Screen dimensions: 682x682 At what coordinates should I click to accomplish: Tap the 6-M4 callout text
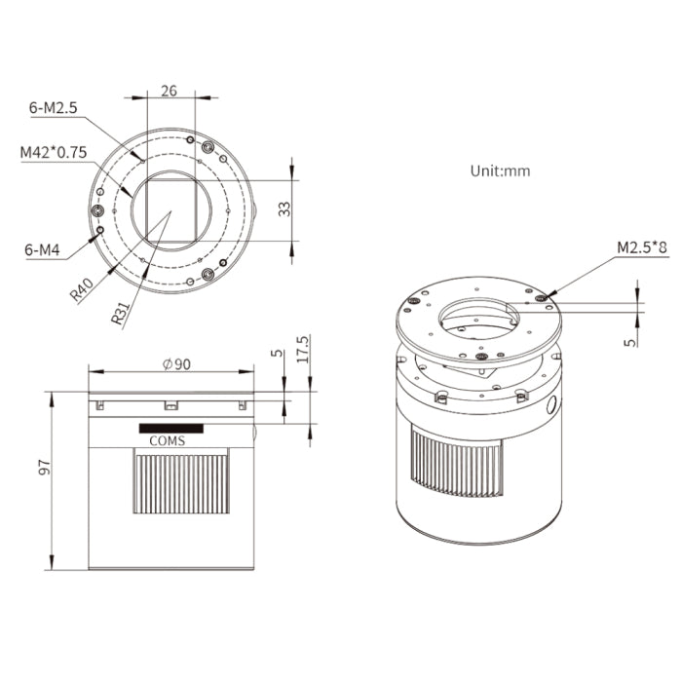pos(43,250)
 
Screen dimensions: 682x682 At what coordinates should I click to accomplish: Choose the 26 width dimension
pos(169,91)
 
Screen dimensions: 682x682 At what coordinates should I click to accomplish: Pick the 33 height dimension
pos(311,208)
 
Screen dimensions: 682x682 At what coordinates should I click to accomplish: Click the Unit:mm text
pos(500,170)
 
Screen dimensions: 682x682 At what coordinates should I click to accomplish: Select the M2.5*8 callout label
pos(642,247)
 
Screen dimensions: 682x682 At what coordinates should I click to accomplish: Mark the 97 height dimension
pos(44,468)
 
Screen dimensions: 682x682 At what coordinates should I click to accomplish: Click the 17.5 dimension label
pos(303,350)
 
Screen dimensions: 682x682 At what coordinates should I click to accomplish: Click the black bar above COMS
pos(171,428)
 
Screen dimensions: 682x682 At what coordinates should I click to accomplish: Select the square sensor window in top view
pos(170,210)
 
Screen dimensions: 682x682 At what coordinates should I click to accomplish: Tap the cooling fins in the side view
pos(180,482)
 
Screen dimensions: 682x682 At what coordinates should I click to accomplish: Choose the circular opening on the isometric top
pos(480,321)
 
